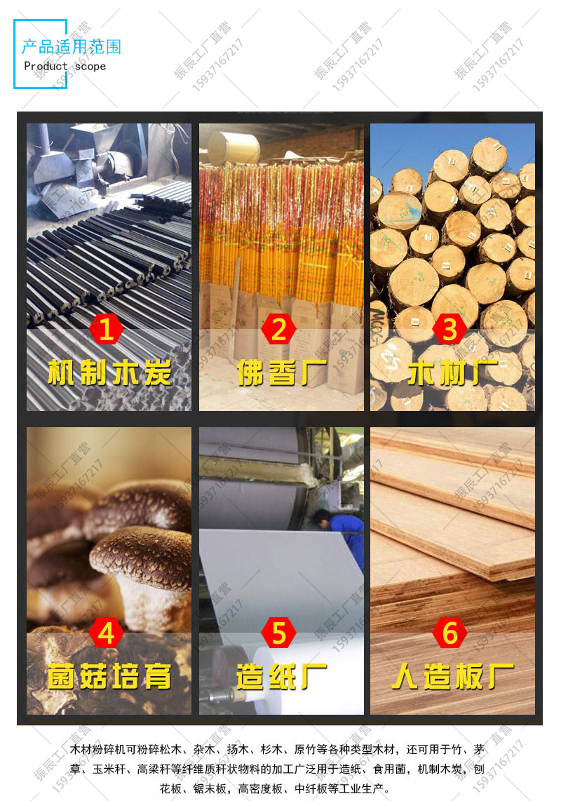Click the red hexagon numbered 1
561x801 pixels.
click(107, 330)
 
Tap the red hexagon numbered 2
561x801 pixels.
click(279, 330)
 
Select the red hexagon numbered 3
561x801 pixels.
click(450, 330)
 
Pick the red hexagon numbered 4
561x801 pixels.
click(107, 633)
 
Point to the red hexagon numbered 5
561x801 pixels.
click(279, 633)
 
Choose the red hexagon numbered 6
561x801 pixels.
click(450, 633)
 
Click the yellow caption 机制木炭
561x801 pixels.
click(109, 372)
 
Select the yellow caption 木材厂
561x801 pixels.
click(452, 372)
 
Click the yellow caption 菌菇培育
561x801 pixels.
click(109, 676)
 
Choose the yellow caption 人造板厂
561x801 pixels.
click(452, 676)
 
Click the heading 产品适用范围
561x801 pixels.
click(72, 47)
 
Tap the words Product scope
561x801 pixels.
click(65, 67)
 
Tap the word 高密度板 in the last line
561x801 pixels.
click(261, 789)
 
